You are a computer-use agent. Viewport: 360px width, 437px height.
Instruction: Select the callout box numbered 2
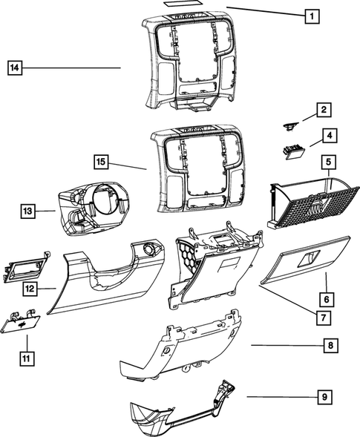coord(324,111)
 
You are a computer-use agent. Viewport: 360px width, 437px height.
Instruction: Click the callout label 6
coord(324,299)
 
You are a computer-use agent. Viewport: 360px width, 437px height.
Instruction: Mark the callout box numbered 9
coord(324,398)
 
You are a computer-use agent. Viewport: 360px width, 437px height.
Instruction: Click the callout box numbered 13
coord(27,212)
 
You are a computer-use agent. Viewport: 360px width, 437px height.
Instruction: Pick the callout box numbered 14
coord(15,68)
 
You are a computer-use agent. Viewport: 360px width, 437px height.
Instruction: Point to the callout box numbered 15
coord(102,161)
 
